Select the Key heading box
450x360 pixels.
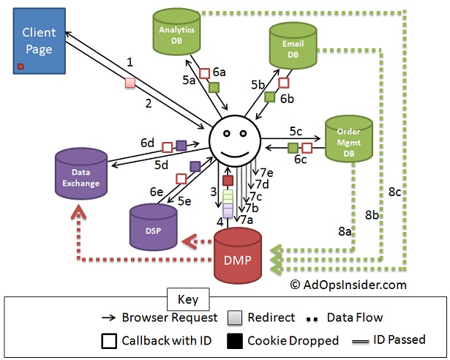(188, 299)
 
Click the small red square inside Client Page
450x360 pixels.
(20, 67)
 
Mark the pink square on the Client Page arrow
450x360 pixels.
(130, 83)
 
